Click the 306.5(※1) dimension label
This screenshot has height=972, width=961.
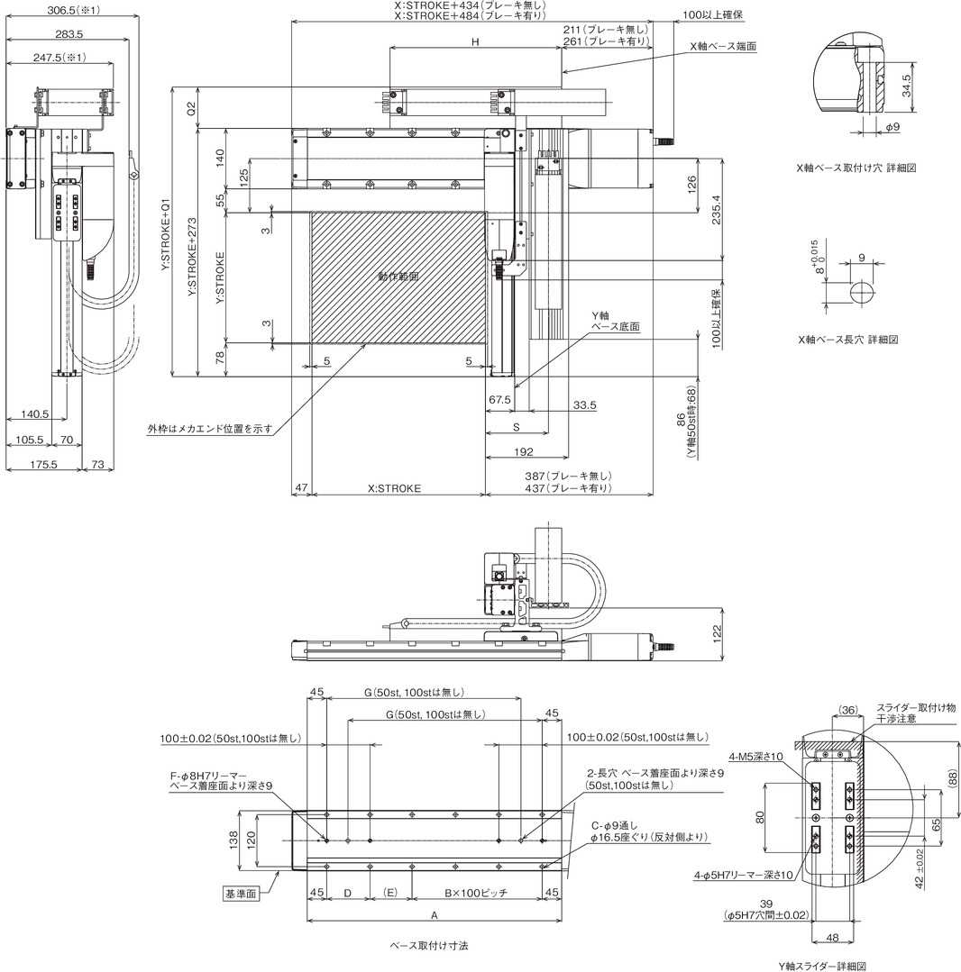[x=73, y=10]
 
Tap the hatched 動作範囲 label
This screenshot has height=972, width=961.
[x=398, y=277]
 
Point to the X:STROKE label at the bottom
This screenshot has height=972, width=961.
[x=394, y=488]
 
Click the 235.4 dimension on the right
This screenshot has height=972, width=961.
[x=717, y=210]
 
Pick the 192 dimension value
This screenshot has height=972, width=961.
[x=523, y=452]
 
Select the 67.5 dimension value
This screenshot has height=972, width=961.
[x=499, y=400]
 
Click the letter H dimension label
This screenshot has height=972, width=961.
[x=475, y=42]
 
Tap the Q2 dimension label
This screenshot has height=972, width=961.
[x=191, y=108]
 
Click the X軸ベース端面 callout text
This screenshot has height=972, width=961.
[x=723, y=47]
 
